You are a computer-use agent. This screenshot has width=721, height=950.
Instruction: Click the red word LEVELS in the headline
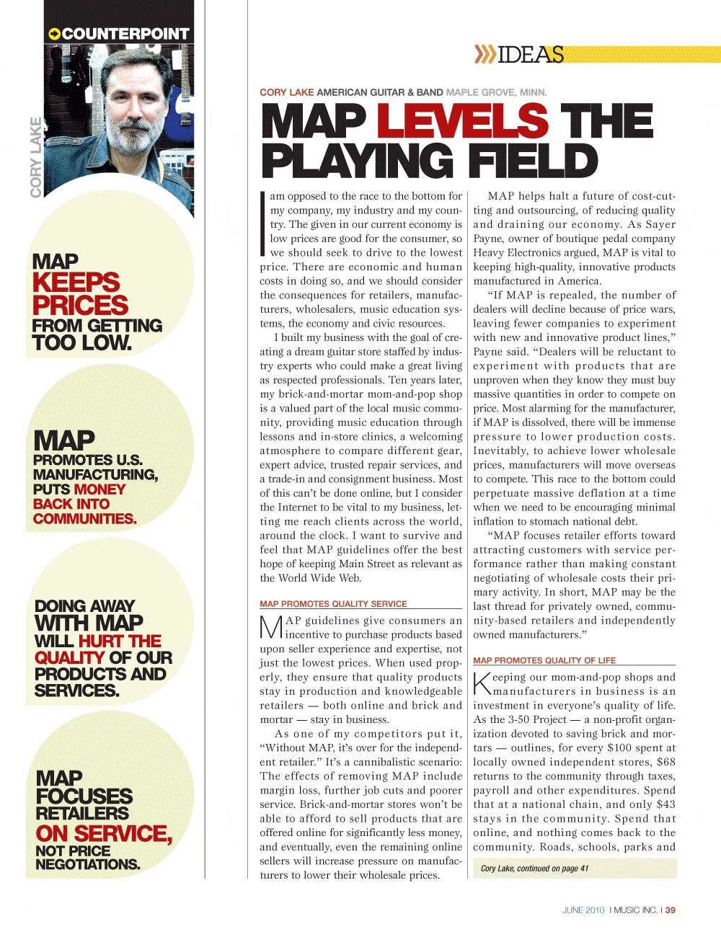point(462,120)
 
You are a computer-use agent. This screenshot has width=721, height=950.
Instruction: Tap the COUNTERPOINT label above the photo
point(125,34)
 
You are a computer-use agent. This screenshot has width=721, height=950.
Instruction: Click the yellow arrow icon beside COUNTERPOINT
point(54,34)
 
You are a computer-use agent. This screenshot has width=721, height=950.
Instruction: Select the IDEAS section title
point(531,55)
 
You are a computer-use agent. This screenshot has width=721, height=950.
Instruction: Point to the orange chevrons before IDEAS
point(485,55)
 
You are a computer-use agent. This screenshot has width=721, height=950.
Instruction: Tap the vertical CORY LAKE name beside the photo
point(36,157)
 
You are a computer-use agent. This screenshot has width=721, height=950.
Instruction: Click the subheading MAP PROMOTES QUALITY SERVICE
point(333,604)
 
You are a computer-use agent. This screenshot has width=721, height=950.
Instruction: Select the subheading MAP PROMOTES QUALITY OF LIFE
point(544,660)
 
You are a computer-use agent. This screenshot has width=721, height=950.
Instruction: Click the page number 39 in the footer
point(671,910)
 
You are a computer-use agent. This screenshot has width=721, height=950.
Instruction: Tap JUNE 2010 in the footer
point(583,910)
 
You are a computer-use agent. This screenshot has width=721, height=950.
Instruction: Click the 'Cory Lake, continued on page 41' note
point(534,869)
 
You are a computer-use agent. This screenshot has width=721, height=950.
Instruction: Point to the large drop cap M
point(271,627)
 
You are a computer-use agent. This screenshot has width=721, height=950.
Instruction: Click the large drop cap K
point(482,683)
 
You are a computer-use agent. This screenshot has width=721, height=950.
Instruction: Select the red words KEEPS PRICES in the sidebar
point(80,293)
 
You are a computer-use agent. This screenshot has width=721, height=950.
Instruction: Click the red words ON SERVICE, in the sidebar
point(104,833)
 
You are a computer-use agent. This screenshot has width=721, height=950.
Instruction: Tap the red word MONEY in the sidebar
point(99,489)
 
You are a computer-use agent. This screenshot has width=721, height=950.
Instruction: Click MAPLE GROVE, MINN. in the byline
point(496,92)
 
